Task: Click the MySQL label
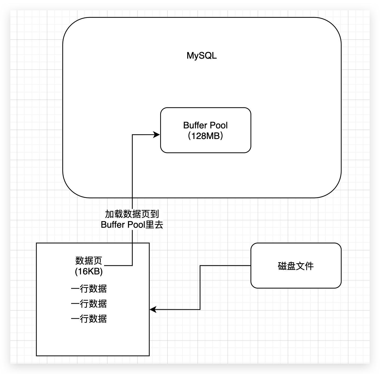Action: [201, 56]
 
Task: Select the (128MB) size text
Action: [205, 136]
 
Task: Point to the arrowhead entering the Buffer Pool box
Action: [157, 134]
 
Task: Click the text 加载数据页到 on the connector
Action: [132, 214]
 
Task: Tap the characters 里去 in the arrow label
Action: [154, 225]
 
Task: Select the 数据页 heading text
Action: [89, 260]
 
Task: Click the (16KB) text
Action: [89, 271]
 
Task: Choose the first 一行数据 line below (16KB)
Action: [89, 288]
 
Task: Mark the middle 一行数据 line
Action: [89, 303]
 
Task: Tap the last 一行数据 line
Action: [89, 318]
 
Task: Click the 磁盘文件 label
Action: [296, 266]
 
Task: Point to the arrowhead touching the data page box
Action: [153, 309]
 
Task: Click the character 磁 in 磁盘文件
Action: [282, 266]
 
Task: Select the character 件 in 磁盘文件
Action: [309, 266]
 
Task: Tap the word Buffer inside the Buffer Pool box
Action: [195, 125]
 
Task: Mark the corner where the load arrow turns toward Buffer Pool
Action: [132, 134]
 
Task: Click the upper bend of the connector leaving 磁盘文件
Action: [200, 266]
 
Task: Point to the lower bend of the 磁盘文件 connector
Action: [200, 309]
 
